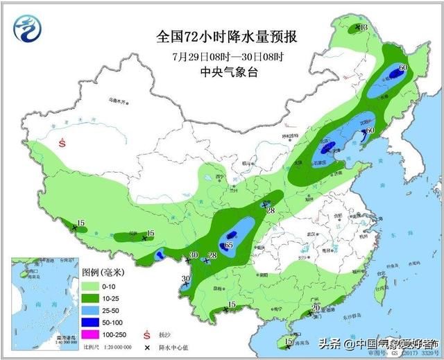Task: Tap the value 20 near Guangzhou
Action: pos(316,307)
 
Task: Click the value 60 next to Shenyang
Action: pos(370,130)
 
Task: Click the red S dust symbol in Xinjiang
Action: pos(63,144)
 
